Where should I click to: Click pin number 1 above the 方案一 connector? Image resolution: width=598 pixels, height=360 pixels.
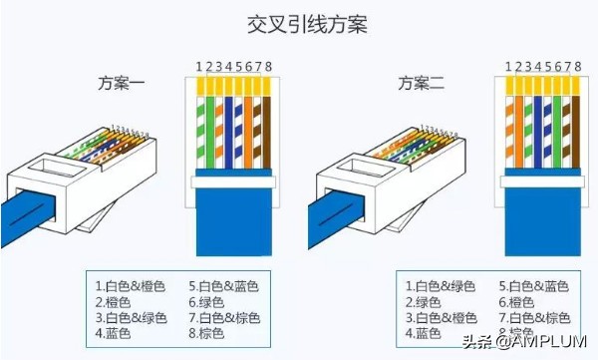(x=198, y=67)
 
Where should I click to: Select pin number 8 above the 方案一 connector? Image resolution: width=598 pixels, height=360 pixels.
(x=269, y=67)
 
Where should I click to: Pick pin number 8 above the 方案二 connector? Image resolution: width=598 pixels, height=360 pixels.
(x=578, y=67)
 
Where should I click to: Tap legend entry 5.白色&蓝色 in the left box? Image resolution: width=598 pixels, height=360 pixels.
(x=222, y=285)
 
